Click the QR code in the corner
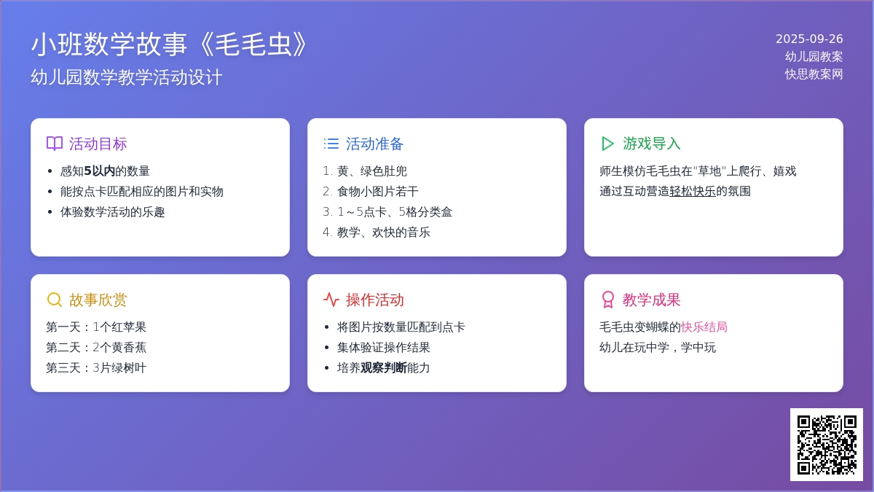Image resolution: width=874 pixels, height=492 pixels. click(827, 445)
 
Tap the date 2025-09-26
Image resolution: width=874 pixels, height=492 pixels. click(809, 39)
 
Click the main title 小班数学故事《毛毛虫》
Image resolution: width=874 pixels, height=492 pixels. click(169, 44)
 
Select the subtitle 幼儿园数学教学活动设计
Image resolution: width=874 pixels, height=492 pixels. click(127, 77)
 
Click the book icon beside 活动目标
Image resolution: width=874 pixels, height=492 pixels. click(54, 144)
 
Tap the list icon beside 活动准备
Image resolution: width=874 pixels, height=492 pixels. click(331, 144)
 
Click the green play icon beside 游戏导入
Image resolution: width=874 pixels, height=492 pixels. click(607, 144)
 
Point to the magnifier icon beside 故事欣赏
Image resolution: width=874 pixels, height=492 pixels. click(54, 300)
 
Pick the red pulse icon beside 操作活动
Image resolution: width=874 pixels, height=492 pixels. click(331, 300)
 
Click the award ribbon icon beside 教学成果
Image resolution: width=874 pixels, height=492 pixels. click(608, 300)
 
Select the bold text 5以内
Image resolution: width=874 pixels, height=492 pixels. click(100, 171)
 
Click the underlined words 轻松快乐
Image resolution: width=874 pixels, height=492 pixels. click(693, 191)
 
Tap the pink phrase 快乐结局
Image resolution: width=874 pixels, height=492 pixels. click(704, 327)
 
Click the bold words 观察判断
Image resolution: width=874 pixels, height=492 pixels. click(384, 368)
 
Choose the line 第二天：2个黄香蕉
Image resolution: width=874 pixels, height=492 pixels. click(96, 348)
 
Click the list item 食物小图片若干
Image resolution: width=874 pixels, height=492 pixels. click(378, 191)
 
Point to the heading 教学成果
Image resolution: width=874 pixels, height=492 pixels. click(651, 300)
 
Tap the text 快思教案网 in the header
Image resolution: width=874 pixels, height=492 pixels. click(814, 74)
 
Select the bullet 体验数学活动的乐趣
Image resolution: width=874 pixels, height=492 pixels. click(112, 212)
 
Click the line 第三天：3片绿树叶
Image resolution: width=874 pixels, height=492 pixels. click(96, 368)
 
